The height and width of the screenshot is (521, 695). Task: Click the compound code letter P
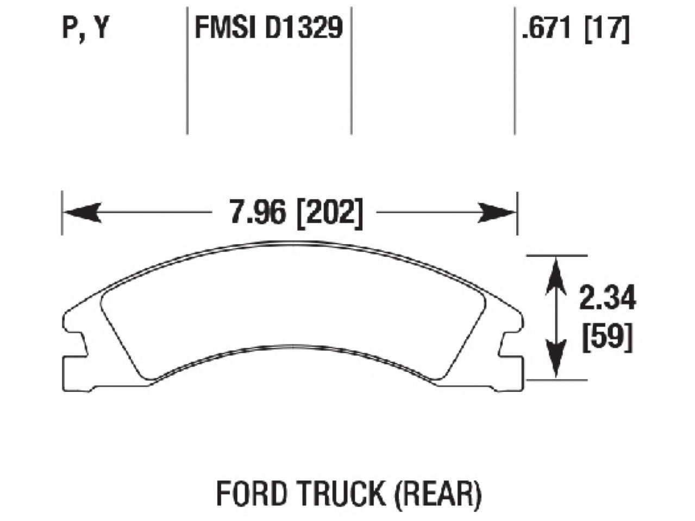click(x=69, y=28)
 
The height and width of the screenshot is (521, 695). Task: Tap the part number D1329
click(x=304, y=28)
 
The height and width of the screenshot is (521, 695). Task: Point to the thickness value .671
click(x=546, y=28)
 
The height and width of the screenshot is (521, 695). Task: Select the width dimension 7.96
click(x=256, y=213)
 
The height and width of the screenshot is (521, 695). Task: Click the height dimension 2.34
click(x=607, y=300)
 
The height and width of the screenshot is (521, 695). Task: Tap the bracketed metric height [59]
click(x=607, y=339)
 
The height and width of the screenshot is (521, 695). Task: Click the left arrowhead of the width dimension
click(x=82, y=213)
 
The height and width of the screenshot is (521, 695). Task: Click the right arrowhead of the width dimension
click(x=497, y=213)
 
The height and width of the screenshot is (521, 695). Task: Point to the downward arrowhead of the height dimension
click(x=555, y=364)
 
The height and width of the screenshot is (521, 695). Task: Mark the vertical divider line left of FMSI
click(x=187, y=71)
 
